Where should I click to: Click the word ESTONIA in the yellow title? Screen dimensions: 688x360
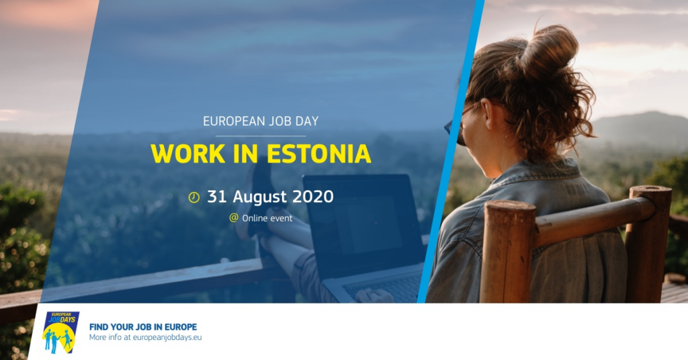pos(318,154)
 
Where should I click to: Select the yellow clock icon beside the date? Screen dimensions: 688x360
pos(194,197)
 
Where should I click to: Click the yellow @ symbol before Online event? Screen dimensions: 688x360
pos(234,218)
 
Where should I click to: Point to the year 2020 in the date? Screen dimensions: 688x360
pos(313,196)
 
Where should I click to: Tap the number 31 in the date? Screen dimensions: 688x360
pos(217,196)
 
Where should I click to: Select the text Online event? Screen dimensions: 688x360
pos(267,218)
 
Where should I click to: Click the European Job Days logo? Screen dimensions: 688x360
pos(61,332)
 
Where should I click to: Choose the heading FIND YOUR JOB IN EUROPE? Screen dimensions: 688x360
pos(143,326)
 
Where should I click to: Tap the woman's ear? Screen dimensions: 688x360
pos(487,114)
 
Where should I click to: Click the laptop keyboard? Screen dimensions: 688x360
pos(382,288)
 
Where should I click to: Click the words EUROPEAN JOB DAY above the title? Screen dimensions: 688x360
pos(261,121)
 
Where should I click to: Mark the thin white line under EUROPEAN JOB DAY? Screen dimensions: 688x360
pos(261,136)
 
